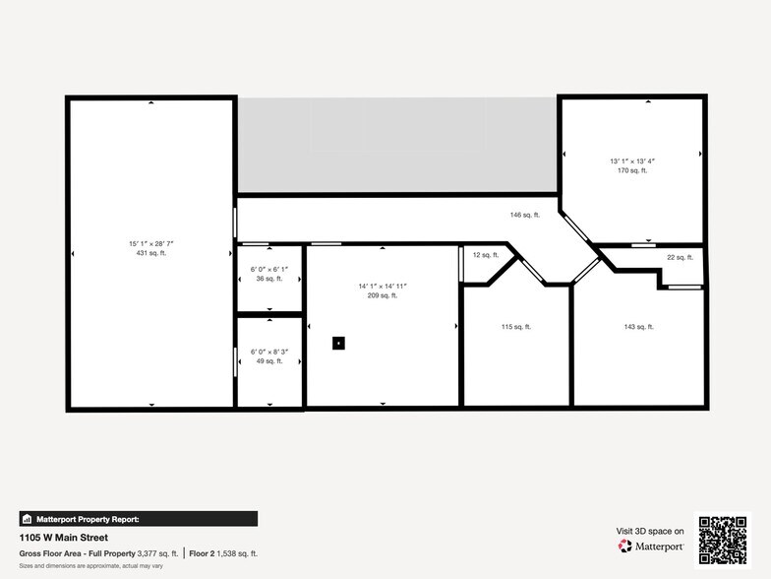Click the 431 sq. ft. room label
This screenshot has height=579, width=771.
point(150,253)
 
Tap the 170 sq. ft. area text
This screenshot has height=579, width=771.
point(631,170)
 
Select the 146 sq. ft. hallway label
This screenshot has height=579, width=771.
point(524,215)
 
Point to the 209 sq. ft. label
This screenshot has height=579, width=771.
point(382,295)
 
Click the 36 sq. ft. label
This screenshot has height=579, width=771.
point(268,279)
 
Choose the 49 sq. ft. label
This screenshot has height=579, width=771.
point(267,361)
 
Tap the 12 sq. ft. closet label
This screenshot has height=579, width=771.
point(486,255)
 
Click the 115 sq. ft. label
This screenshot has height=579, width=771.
point(515,327)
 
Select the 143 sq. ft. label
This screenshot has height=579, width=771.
point(638,327)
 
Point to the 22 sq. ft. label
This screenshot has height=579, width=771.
point(680,257)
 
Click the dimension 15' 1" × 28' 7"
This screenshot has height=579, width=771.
point(150,243)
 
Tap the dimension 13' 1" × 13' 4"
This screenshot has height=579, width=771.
point(631,161)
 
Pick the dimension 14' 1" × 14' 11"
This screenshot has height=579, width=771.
point(382,286)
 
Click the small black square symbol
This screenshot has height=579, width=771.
point(338,343)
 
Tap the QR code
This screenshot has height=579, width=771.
point(722,539)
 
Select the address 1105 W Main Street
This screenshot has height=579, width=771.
point(64,538)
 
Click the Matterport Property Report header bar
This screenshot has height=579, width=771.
point(138,519)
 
